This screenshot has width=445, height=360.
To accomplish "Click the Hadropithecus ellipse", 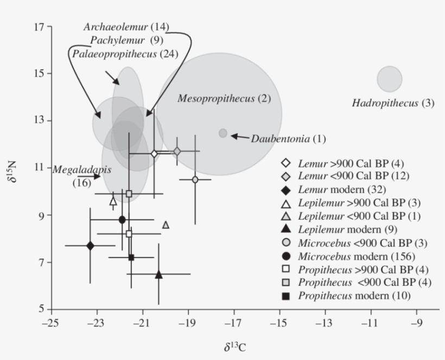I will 390,79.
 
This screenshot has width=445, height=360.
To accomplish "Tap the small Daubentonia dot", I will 223,133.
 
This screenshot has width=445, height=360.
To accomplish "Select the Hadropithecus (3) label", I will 393,102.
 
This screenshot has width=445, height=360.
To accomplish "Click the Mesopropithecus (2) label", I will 224,99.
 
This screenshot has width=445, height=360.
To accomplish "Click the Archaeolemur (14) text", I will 126,27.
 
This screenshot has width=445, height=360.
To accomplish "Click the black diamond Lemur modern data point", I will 91,246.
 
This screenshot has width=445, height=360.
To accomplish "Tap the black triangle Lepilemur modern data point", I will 158,274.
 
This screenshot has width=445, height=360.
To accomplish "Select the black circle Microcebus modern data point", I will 122,220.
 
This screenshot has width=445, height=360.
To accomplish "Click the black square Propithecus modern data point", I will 131,257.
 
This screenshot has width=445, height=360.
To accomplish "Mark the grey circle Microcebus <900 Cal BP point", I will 195,179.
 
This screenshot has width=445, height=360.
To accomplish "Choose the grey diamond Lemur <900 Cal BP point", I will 177,151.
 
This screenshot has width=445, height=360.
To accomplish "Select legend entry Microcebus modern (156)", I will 355,255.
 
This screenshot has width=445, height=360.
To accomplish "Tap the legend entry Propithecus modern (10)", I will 354,295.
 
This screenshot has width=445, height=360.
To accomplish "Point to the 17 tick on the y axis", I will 41,26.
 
